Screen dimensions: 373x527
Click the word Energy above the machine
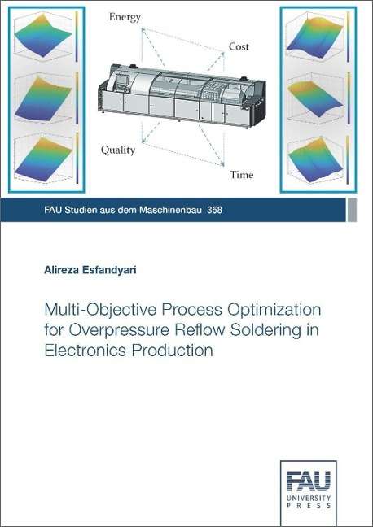[125, 17]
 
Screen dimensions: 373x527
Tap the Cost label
[239, 46]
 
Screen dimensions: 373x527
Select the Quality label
[118, 150]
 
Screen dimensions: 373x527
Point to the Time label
[241, 175]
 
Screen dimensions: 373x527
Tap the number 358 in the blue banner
[215, 210]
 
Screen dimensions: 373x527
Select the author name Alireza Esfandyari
[90, 270]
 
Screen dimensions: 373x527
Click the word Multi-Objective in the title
[100, 310]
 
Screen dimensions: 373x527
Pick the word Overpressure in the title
[119, 330]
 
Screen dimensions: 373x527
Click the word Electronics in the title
[86, 351]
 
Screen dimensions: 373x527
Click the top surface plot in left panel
[43, 35]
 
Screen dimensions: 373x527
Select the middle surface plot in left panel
[43, 98]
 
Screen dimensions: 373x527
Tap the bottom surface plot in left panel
[43, 159]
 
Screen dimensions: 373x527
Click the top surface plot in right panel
[315, 36]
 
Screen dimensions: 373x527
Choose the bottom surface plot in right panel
[315, 159]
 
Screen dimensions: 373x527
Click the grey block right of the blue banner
[352, 210]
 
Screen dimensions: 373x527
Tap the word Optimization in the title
[274, 310]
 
